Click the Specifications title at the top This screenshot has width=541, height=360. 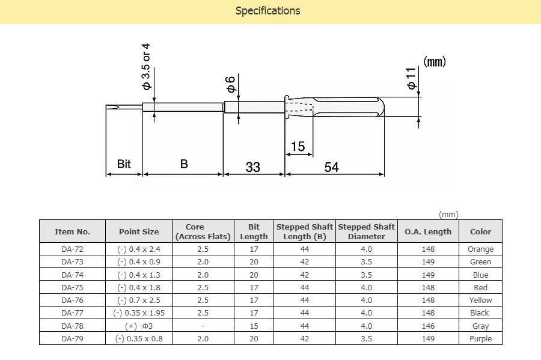(267, 11)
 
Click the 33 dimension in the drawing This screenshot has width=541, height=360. (253, 167)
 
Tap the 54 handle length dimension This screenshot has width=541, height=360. (332, 167)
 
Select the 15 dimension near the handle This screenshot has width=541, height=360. (298, 147)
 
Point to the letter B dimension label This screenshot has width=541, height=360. (184, 164)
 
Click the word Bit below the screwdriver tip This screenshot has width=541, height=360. (124, 164)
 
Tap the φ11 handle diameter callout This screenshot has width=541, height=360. (412, 78)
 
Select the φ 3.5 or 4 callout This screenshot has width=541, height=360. (146, 66)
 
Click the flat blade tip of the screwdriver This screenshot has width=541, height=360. (112, 108)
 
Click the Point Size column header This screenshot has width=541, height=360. (139, 231)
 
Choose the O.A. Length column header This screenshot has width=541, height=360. (428, 231)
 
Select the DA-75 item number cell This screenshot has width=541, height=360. (72, 287)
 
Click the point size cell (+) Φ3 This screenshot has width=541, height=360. (139, 326)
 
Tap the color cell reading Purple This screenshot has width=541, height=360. (480, 338)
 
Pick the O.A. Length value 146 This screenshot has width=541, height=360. (428, 326)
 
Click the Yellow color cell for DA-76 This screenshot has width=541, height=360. (480, 300)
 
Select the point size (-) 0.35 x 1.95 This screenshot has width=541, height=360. (139, 313)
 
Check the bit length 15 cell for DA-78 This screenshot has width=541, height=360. (254, 326)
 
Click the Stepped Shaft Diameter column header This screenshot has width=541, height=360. (366, 231)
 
